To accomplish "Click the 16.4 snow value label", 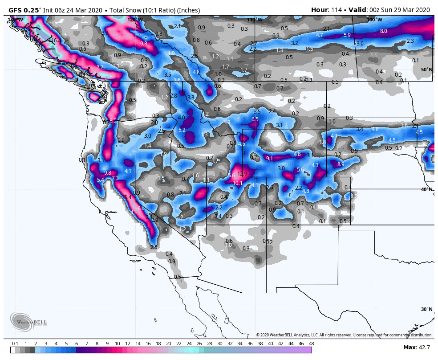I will [x=56, y=41].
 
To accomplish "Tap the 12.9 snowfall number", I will [x=242, y=174].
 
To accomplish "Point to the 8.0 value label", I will [x=383, y=31].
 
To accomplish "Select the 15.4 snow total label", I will [x=127, y=197].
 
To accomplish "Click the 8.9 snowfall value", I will [x=341, y=164].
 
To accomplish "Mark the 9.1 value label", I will [x=269, y=158].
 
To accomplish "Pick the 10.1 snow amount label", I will [x=238, y=183].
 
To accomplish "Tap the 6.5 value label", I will [x=255, y=119].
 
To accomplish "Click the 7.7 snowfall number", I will [x=100, y=67].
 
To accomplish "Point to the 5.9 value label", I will [x=347, y=35].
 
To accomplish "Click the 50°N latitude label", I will [x=426, y=70].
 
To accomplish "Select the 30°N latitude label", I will [x=426, y=309].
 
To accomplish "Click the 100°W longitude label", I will [x=374, y=20].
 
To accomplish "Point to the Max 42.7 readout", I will [x=416, y=348].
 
